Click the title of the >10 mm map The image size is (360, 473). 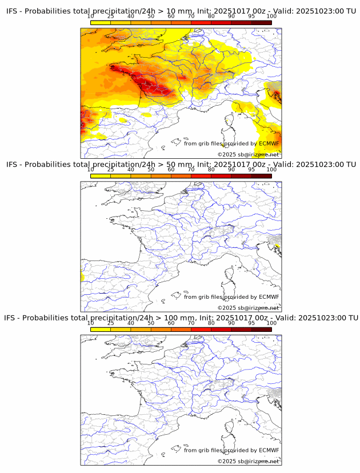click(x=181, y=11)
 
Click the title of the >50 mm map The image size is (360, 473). click(x=181, y=164)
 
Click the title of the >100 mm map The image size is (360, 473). click(x=181, y=318)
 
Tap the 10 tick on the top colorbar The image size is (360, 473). click(x=91, y=16)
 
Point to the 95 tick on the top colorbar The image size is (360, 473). click(x=251, y=16)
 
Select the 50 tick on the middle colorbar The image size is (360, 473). click(x=151, y=170)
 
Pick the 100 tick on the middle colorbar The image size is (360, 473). click(x=271, y=170)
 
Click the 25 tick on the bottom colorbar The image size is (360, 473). click(x=111, y=323)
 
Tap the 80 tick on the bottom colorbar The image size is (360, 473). click(x=211, y=323)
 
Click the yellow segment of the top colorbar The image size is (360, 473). click(x=101, y=22)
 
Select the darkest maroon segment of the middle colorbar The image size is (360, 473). click(x=261, y=176)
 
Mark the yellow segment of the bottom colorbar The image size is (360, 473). click(x=101, y=330)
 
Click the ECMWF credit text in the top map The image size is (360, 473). click(x=231, y=143)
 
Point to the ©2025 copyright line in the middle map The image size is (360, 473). click(x=248, y=308)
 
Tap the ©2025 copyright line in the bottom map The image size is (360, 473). click(x=248, y=461)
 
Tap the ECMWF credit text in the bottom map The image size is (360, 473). click(x=231, y=450)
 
